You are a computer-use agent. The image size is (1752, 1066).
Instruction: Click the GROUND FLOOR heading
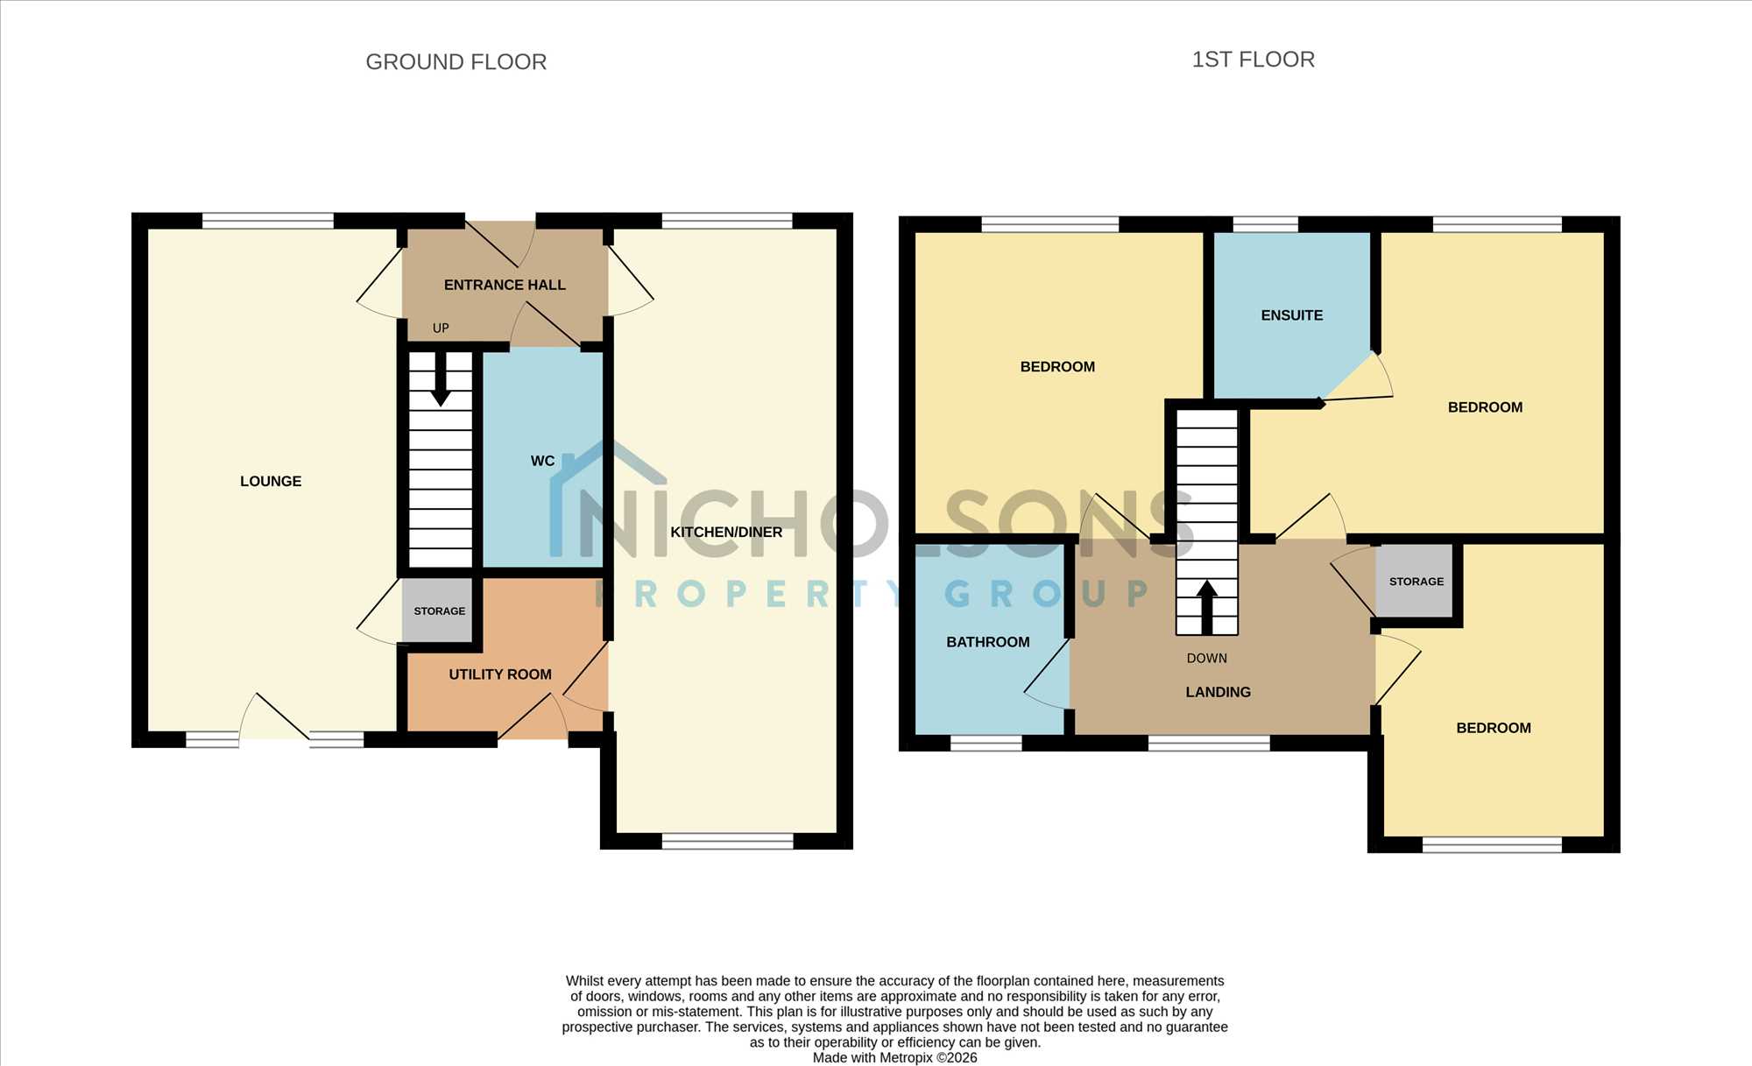coord(456,62)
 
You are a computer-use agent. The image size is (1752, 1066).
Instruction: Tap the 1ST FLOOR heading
coord(1254,60)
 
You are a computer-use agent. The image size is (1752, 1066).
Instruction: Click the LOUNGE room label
coord(271,481)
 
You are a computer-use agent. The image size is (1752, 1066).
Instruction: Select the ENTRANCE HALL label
coord(505,285)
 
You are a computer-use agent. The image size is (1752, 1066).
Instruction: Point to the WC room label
coord(542,461)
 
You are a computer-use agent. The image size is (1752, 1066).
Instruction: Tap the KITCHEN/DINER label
coord(726,532)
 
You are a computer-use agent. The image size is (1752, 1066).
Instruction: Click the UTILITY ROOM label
coord(500,674)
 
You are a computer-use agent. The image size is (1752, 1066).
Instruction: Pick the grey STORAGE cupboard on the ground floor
coord(438,611)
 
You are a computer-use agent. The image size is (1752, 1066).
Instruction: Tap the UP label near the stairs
coord(441,328)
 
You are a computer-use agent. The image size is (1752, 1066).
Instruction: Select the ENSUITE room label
coord(1292,315)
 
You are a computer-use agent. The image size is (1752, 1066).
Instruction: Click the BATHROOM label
coord(988,642)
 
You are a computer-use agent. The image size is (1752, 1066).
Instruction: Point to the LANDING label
coord(1219,692)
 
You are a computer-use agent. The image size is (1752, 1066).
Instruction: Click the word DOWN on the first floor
coord(1207,658)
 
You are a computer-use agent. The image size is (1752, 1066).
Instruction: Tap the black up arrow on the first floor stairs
coord(1207,607)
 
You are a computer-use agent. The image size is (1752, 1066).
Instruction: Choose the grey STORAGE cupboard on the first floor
coord(1415,581)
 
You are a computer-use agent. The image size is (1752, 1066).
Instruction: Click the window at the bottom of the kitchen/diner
coord(727,842)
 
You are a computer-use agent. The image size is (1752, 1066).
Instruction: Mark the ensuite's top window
coord(1265,224)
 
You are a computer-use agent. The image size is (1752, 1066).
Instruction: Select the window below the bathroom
coord(986,744)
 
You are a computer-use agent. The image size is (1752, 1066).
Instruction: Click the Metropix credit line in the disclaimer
coord(894,1058)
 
